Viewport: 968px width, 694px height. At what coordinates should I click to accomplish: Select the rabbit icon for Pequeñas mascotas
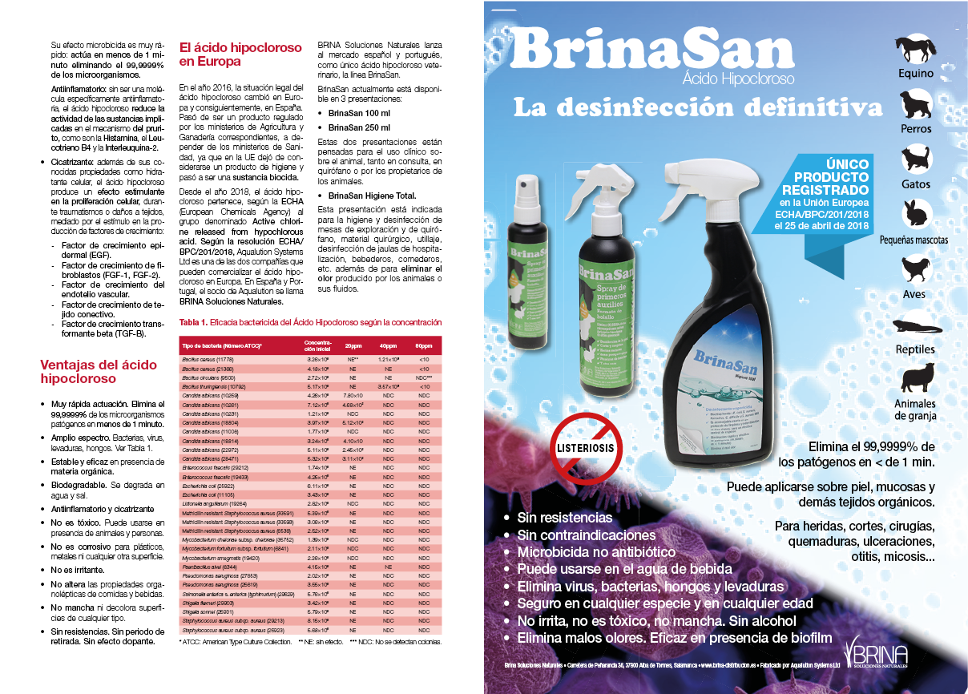pos(914,214)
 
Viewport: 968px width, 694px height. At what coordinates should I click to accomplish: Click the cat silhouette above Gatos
pos(914,159)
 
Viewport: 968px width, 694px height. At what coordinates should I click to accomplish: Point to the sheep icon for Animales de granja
pos(914,378)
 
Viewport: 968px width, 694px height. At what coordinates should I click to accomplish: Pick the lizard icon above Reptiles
pos(914,326)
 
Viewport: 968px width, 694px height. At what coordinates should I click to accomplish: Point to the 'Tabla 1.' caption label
pos(192,322)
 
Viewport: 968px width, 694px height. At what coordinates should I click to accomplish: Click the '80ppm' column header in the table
pos(424,345)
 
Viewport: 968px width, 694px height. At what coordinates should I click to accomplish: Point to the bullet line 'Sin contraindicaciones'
pos(585,535)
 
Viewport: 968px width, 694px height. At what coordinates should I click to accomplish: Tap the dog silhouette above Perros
pos(914,104)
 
